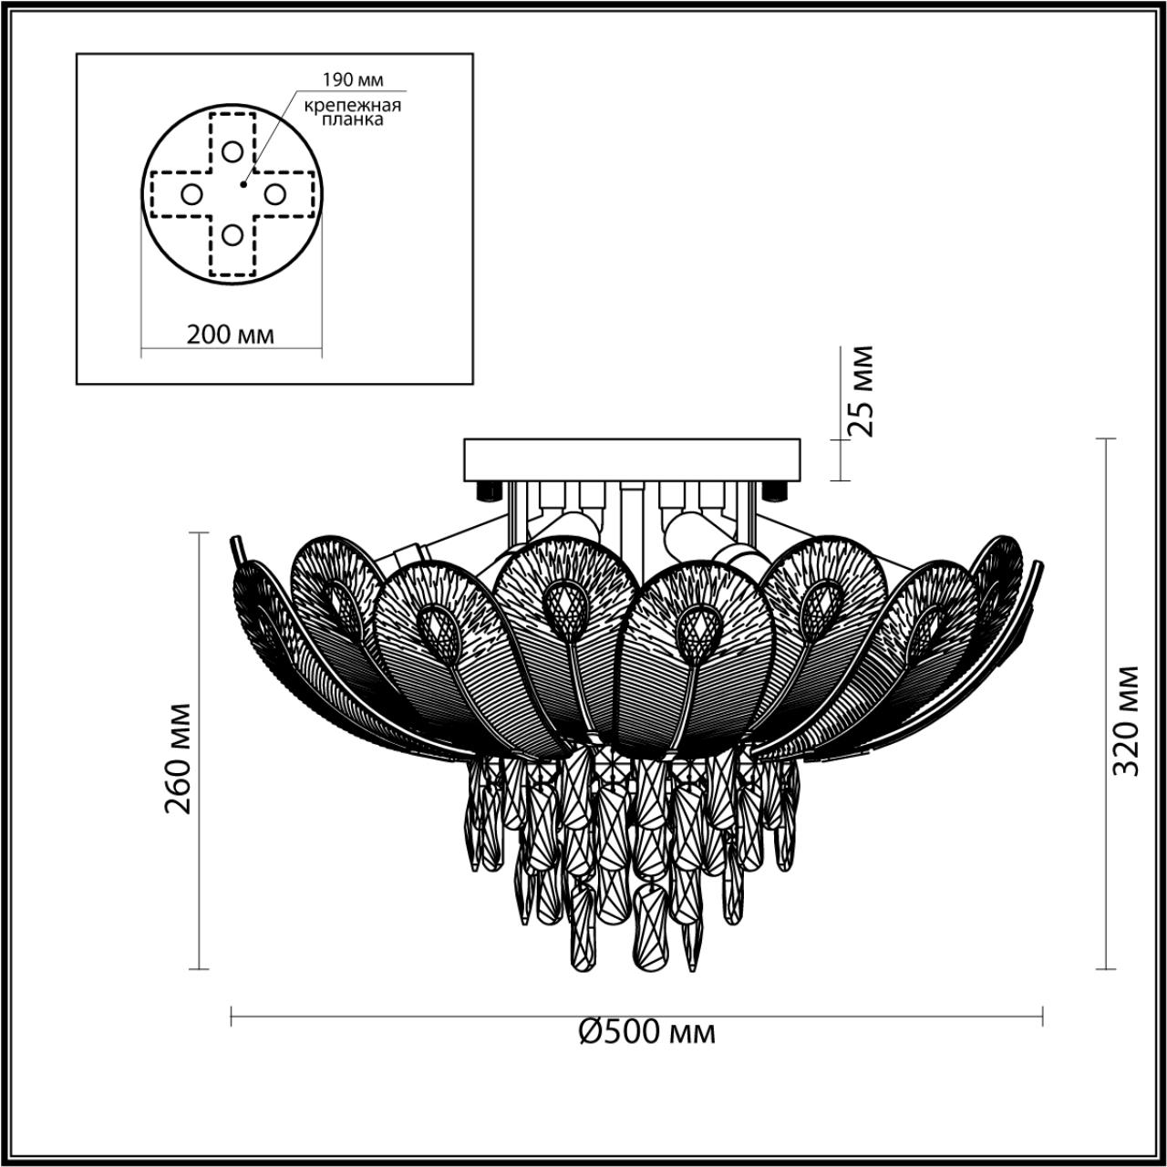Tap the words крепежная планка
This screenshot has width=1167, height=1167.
point(353,112)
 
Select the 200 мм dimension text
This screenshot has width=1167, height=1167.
point(230,335)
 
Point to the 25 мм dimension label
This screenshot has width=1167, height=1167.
point(857,391)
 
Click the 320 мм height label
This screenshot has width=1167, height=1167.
point(1127,720)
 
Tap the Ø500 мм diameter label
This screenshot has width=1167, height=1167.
point(647,1032)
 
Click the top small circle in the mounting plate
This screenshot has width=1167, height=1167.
point(232,151)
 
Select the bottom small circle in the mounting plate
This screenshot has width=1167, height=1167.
point(232,235)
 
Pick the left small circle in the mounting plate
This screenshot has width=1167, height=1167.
point(191,193)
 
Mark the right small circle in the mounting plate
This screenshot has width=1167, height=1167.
point(274,193)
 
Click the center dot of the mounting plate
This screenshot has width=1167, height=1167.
point(243,184)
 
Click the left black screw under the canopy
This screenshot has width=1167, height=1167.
point(489,491)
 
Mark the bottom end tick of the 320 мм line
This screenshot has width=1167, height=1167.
point(1105,969)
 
